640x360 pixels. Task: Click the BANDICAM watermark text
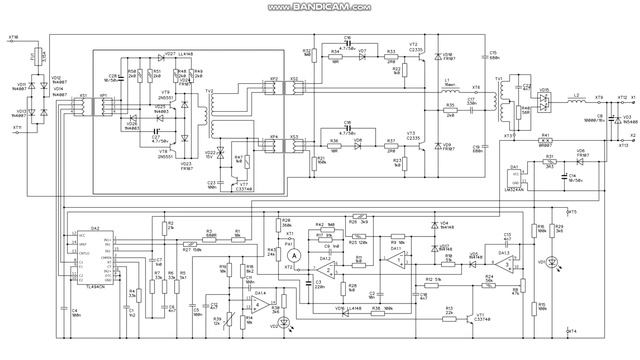point(319,7)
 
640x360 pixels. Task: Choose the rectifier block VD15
point(544,101)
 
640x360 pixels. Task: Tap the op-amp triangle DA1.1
point(260,300)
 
